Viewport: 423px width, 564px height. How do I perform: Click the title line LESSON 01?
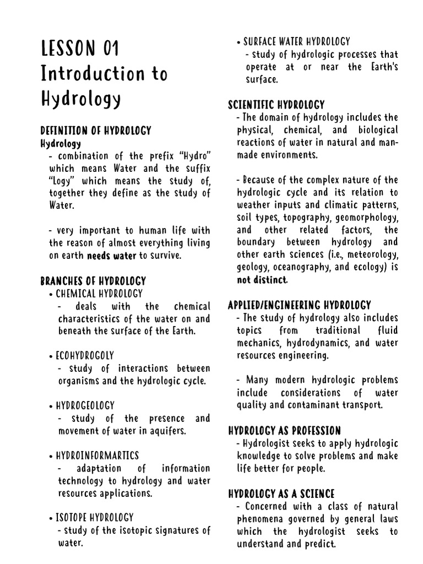click(80, 48)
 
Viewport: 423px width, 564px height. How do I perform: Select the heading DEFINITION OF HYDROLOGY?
click(96, 131)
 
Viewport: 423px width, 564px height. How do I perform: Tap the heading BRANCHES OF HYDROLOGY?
click(93, 281)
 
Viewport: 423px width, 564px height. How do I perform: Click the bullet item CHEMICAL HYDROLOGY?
click(99, 294)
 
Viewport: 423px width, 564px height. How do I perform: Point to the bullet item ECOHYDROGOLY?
click(85, 356)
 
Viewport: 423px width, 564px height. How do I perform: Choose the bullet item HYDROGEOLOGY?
click(85, 406)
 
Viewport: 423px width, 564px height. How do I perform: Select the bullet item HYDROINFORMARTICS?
click(97, 455)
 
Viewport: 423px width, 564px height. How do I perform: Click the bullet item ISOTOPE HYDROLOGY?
click(94, 518)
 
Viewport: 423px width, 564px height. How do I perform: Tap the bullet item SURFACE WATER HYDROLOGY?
click(296, 41)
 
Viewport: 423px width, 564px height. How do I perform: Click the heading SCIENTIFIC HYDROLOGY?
click(276, 105)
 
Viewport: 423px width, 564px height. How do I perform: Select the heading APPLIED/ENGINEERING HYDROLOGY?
click(299, 305)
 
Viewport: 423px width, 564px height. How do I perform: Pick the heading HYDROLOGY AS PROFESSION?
click(284, 431)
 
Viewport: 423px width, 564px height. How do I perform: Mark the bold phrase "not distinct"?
click(262, 280)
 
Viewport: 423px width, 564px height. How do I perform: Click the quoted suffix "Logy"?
click(61, 181)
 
